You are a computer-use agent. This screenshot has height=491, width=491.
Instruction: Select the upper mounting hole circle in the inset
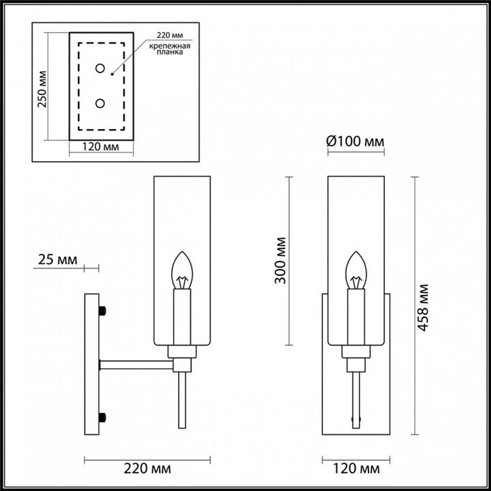tap(100, 68)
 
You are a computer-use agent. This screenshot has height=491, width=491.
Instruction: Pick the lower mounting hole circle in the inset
tap(100, 104)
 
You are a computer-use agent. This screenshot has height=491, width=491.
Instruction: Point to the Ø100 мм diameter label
tap(355, 142)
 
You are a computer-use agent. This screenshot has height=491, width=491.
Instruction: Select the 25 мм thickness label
tap(58, 260)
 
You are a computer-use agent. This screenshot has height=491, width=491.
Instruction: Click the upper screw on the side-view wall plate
tap(103, 311)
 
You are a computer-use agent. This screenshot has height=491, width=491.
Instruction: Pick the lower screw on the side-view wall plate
tap(103, 417)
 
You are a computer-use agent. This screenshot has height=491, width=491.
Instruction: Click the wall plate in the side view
tap(92, 363)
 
